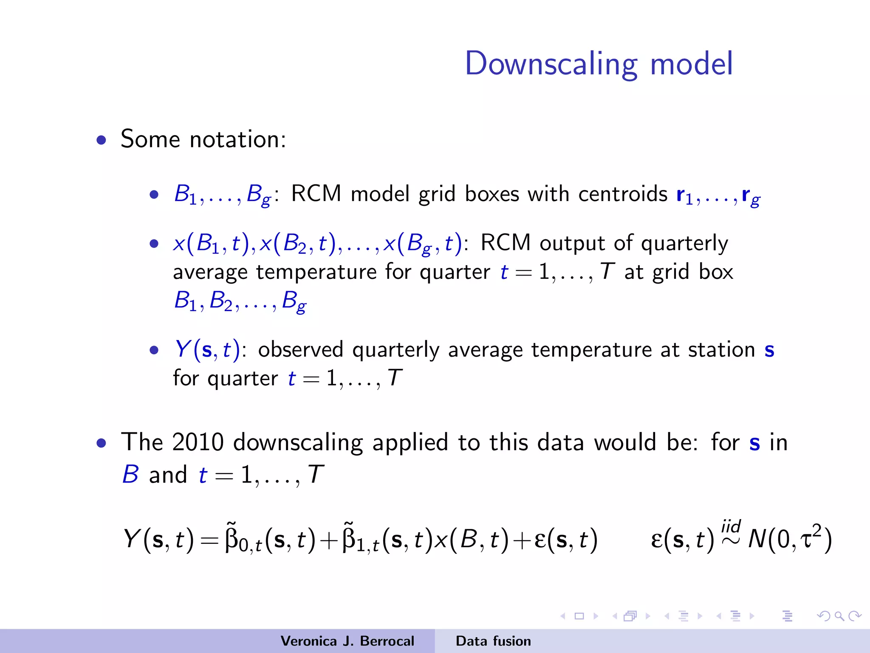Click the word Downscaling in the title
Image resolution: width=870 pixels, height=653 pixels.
pyautogui.click(x=551, y=64)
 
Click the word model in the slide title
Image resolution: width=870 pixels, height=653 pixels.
pyautogui.click(x=691, y=64)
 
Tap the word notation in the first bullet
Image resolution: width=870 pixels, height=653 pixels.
pyautogui.click(x=238, y=139)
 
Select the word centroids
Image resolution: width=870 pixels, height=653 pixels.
pyautogui.click(x=623, y=194)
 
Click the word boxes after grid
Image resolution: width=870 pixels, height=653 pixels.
pyautogui.click(x=492, y=194)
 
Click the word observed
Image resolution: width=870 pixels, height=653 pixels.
pyautogui.click(x=300, y=350)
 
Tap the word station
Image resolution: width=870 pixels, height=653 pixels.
pyautogui.click(x=721, y=350)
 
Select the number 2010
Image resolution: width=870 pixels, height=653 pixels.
pyautogui.click(x=198, y=442)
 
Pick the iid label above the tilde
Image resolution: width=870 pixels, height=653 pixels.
pyautogui.click(x=731, y=526)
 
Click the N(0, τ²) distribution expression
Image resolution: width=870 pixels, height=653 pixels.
pyautogui.click(x=789, y=539)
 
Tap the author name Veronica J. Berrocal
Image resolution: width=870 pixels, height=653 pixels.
pyautogui.click(x=347, y=641)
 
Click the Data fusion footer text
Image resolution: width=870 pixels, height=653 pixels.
pyautogui.click(x=493, y=641)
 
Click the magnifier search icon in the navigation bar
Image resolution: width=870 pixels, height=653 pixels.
pyautogui.click(x=839, y=616)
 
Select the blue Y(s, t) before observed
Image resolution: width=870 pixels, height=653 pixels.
pyautogui.click(x=207, y=350)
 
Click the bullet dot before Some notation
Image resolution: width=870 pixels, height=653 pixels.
pyautogui.click(x=101, y=140)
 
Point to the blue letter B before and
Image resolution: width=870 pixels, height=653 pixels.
pyautogui.click(x=130, y=474)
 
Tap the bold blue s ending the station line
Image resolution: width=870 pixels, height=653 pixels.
pyautogui.click(x=769, y=350)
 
